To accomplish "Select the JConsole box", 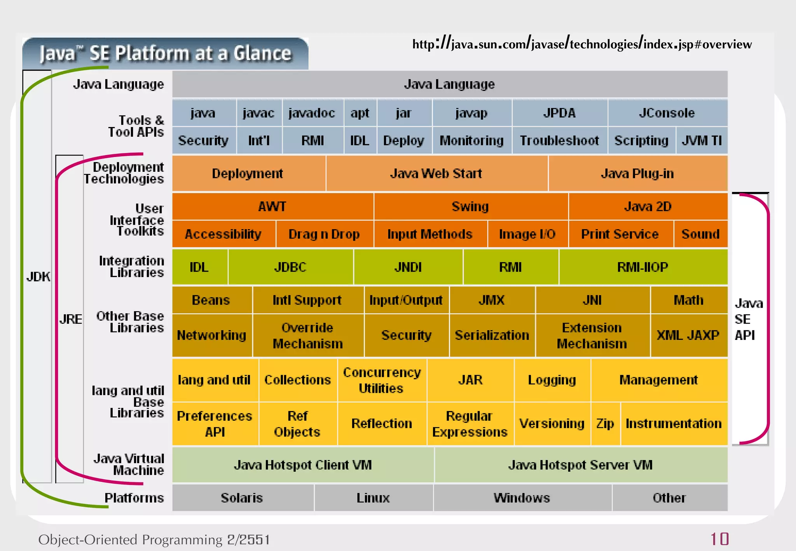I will tap(667, 113).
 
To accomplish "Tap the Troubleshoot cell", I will tap(559, 140).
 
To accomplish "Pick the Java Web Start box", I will tap(436, 173).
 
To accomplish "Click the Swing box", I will tap(470, 206).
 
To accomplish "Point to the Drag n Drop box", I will tap(324, 234).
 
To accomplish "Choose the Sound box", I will tap(700, 234).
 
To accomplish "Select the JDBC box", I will tap(290, 267).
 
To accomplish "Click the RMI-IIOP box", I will tap(642, 267).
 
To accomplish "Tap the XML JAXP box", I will tap(688, 335).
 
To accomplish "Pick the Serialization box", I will tap(492, 335).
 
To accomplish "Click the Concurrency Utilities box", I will tap(382, 380).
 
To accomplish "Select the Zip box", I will tap(605, 423).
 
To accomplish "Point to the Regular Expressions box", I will tap(470, 424).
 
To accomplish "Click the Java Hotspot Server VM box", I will tap(580, 465).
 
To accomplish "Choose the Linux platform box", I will tap(373, 498).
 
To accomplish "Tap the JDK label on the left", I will tap(38, 277).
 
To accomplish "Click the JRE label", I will tap(71, 319).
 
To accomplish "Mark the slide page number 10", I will tap(719, 539).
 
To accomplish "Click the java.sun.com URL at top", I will tap(582, 44).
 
